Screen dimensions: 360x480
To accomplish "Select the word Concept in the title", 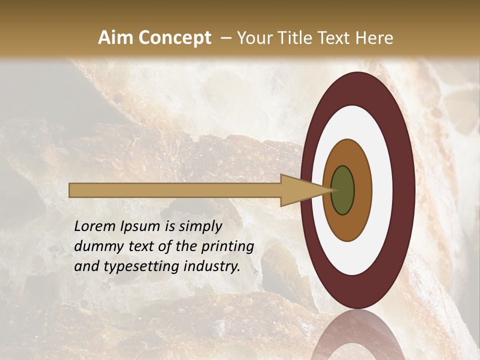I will coord(174,38).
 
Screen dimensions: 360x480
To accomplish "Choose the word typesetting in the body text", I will coord(132,266).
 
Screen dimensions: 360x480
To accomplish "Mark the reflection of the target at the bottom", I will coord(357,335).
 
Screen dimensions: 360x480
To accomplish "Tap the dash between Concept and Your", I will coord(225,38).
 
